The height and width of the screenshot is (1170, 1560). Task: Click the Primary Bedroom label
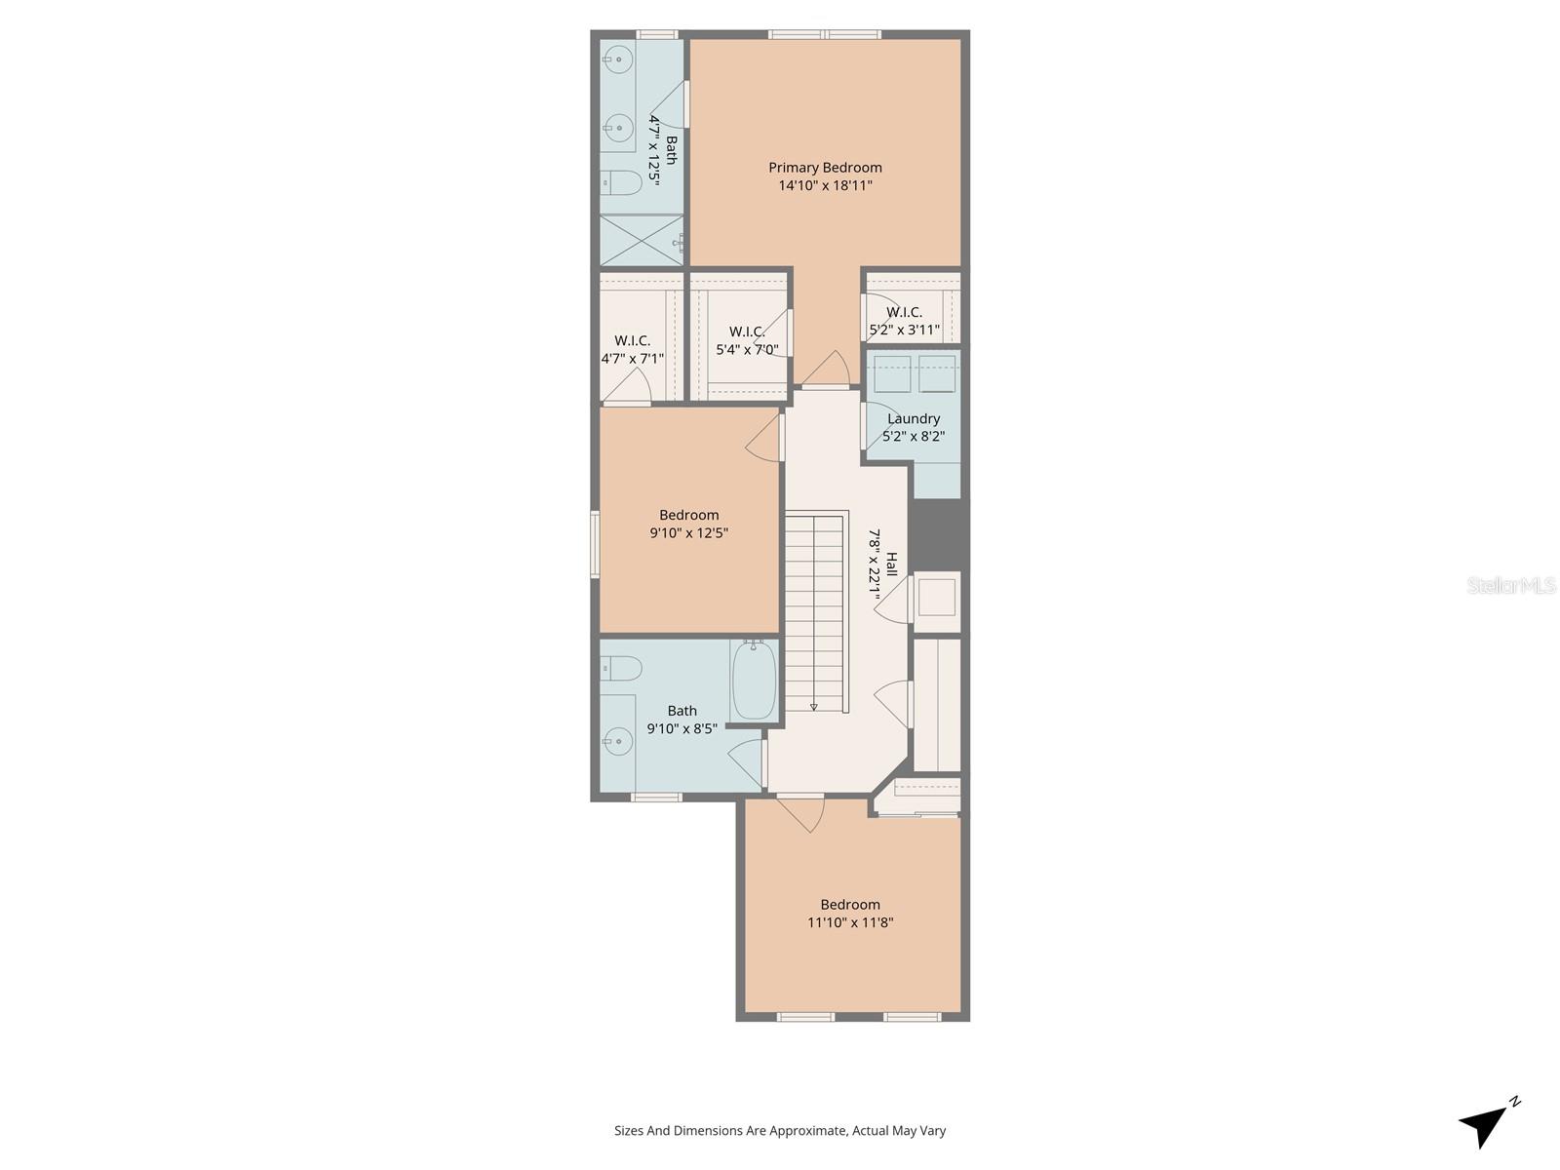825,168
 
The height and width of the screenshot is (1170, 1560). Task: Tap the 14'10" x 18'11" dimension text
825,185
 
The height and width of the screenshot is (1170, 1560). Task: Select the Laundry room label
914,419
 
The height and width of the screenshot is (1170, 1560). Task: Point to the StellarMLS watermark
1510,585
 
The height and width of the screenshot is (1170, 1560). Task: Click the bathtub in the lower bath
754,680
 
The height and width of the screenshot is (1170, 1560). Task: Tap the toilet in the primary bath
620,181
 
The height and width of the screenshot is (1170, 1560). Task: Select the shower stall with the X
641,240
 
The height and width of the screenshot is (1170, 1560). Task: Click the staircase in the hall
814,612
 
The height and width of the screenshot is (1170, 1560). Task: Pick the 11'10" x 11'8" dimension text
850,922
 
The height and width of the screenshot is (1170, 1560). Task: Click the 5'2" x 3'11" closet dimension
905,330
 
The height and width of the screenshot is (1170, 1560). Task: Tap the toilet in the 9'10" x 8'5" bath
621,669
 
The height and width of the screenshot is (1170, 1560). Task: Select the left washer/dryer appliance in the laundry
892,373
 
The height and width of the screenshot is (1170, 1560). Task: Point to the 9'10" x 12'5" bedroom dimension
689,533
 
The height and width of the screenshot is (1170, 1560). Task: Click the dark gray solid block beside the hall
940,533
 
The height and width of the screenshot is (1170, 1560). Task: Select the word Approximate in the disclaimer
805,1131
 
